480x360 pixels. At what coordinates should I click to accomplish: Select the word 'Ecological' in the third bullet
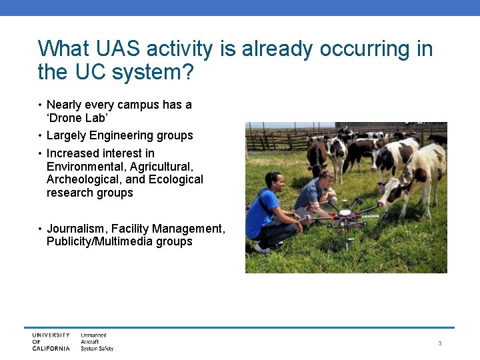(x=177, y=179)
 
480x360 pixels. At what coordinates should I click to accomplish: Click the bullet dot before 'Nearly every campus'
(x=40, y=105)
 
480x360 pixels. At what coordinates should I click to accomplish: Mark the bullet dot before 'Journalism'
(x=40, y=229)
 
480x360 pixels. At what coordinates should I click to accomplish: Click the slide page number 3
(x=440, y=343)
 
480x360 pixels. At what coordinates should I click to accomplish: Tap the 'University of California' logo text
(x=51, y=342)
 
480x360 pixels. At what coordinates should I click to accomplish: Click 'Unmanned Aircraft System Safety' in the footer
(x=97, y=342)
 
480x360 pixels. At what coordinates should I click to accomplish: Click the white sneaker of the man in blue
(x=261, y=249)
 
